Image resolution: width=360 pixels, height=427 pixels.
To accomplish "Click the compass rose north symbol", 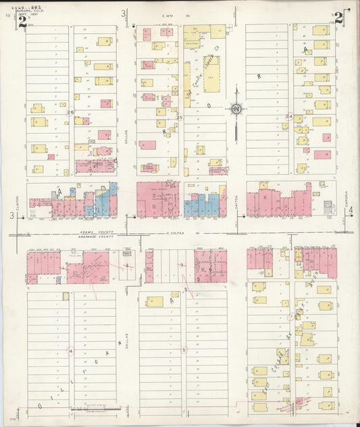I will (236, 109).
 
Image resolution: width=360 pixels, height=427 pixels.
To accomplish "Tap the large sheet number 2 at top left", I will (22, 20).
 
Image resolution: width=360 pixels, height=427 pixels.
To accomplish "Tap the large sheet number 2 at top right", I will (338, 19).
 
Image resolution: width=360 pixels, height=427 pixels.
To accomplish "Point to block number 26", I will (70, 113).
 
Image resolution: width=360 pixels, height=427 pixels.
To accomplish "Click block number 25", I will (180, 117).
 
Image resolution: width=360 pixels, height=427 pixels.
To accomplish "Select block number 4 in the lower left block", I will (70, 351).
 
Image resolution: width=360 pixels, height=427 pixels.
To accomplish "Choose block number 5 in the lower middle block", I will (183, 350).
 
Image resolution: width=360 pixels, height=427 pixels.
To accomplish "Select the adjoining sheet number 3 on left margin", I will (11, 215).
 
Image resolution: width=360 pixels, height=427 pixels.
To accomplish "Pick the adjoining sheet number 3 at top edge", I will (124, 14).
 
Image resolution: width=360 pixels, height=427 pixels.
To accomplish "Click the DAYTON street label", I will (237, 197).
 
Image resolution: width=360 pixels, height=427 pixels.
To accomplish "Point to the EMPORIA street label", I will (346, 197).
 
